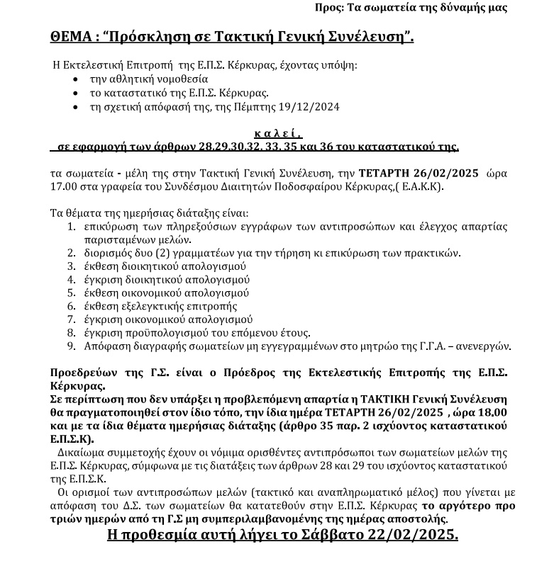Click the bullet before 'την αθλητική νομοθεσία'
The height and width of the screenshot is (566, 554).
point(76,79)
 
